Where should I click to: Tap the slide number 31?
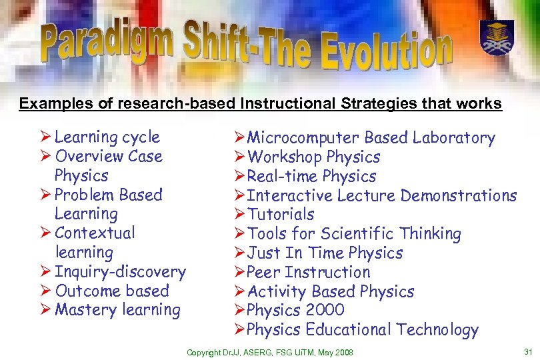(528, 352)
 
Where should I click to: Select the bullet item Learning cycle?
(107, 137)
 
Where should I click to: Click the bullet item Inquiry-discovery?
(120, 272)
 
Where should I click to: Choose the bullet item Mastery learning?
(117, 310)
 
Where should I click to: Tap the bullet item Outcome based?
(112, 291)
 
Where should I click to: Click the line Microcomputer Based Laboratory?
(371, 138)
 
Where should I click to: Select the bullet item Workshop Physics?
(313, 157)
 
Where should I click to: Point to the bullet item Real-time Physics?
(311, 177)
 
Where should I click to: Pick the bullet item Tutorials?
(281, 215)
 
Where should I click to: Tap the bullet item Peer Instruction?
(308, 273)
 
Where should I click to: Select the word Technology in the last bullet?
(437, 330)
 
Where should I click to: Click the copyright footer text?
(269, 352)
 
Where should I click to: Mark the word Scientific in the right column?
(357, 234)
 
